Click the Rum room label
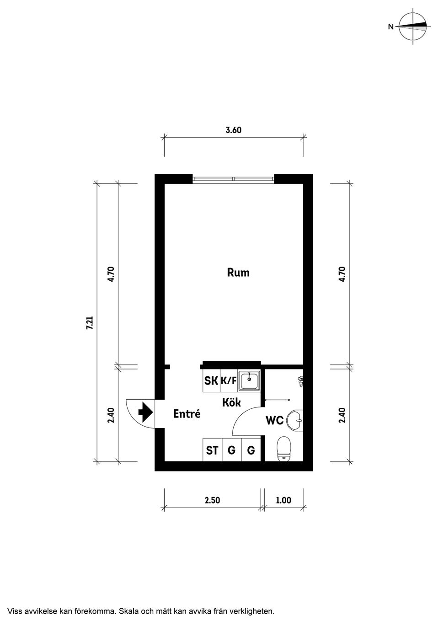click(238, 273)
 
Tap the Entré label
click(187, 414)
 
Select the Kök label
click(231, 402)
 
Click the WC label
click(274, 421)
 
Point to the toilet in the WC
click(283, 449)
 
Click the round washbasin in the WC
click(294, 421)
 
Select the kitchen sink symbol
click(250, 381)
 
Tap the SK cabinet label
click(211, 380)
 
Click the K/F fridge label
click(229, 381)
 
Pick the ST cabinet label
click(212, 450)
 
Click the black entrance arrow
click(145, 412)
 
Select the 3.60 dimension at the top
click(233, 130)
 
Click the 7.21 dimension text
click(90, 323)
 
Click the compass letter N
click(391, 27)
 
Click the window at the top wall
click(233, 178)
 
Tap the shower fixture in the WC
click(300, 381)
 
